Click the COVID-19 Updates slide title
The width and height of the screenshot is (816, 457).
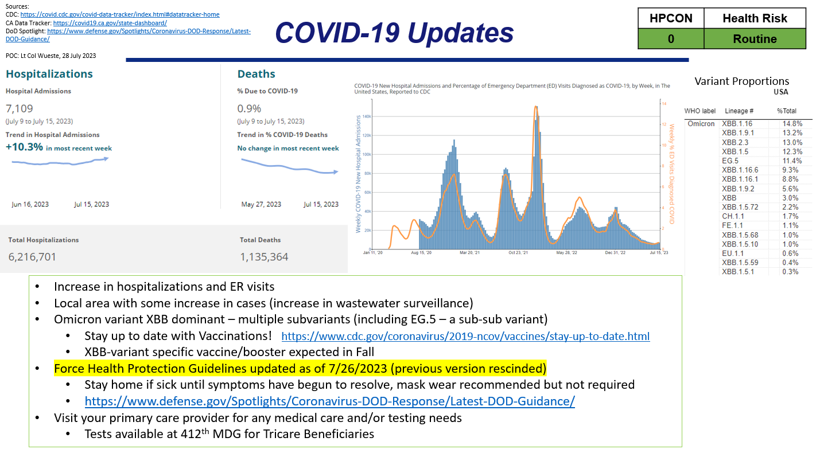(x=394, y=33)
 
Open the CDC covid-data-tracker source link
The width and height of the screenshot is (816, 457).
(x=119, y=14)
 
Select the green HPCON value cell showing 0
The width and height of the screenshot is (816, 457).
(x=670, y=39)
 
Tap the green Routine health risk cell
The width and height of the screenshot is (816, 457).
(x=755, y=39)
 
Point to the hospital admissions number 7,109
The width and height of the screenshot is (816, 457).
(x=20, y=108)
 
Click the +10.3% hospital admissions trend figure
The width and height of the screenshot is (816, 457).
(x=25, y=147)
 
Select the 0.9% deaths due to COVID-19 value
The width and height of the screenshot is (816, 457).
(x=249, y=108)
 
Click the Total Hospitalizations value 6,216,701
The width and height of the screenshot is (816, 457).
(x=32, y=257)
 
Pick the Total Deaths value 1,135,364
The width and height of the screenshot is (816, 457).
(x=264, y=257)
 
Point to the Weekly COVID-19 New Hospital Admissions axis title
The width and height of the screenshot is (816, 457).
(x=359, y=174)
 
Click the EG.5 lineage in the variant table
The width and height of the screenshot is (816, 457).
(x=730, y=161)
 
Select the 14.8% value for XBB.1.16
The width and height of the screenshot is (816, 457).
(x=792, y=124)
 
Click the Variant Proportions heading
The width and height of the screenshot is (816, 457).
(x=741, y=81)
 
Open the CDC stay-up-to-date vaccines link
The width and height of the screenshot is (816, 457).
(x=465, y=337)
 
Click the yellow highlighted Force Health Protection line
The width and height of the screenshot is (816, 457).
(x=300, y=368)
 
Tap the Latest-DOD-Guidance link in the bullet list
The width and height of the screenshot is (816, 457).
(x=329, y=401)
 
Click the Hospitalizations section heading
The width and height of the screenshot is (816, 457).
(x=49, y=74)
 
